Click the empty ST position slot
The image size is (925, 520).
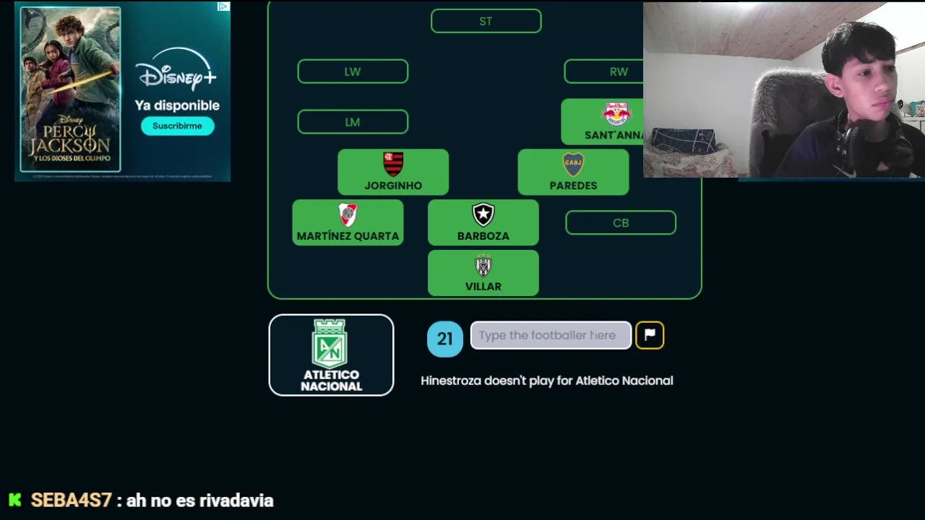point(486,21)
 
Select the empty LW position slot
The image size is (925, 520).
point(353,71)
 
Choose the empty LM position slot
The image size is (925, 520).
point(353,122)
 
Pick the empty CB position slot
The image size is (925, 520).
point(621,223)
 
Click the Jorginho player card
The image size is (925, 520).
point(393,173)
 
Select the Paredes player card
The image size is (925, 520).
point(573,173)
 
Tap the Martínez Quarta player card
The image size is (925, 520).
point(348,223)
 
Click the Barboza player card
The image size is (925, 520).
point(483,223)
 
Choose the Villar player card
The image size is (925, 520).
point(483,274)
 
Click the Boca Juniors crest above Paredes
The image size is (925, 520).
point(573,164)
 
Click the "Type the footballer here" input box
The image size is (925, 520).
point(551,335)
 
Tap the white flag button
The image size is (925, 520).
point(650,335)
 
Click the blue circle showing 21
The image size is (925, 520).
point(444,339)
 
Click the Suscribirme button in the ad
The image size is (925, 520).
point(177,126)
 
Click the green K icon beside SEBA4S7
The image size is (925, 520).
point(15,500)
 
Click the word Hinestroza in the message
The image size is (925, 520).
point(451,381)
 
